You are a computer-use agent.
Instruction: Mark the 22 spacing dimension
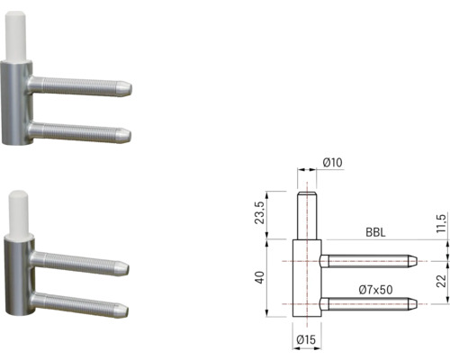pyautogui.click(x=440, y=281)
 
